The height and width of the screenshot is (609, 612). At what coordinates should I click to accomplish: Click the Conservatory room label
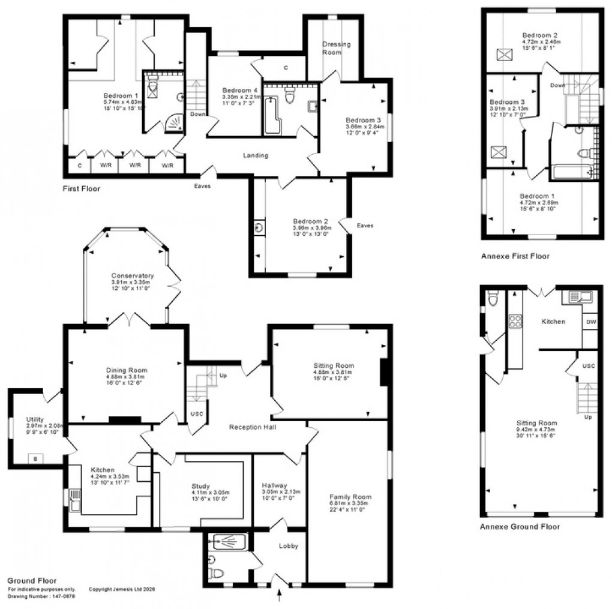132,276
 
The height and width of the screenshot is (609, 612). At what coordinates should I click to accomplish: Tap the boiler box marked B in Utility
35,459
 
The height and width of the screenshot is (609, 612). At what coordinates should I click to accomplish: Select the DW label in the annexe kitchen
590,322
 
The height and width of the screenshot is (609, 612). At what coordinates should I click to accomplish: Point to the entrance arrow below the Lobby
281,595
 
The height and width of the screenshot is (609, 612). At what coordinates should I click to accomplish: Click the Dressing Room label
336,48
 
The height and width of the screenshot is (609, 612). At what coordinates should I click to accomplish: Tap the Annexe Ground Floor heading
520,527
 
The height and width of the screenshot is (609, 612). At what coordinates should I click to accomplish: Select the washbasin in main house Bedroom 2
259,228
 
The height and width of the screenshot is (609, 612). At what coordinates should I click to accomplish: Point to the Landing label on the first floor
255,155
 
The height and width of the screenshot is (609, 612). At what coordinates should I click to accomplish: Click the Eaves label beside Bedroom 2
364,226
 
